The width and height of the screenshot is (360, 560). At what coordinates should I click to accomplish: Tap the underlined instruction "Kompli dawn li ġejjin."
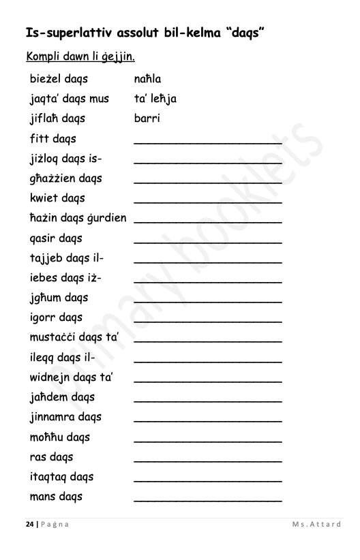click(x=80, y=55)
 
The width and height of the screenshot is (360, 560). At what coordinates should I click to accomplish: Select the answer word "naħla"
click(x=148, y=79)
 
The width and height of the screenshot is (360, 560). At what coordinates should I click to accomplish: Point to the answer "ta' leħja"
click(x=155, y=99)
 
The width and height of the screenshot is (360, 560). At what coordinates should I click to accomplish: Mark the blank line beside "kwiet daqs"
click(x=208, y=202)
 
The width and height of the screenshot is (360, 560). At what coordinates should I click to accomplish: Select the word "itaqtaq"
click(x=48, y=476)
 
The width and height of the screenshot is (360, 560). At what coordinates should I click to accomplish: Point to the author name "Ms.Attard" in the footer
click(x=316, y=524)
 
